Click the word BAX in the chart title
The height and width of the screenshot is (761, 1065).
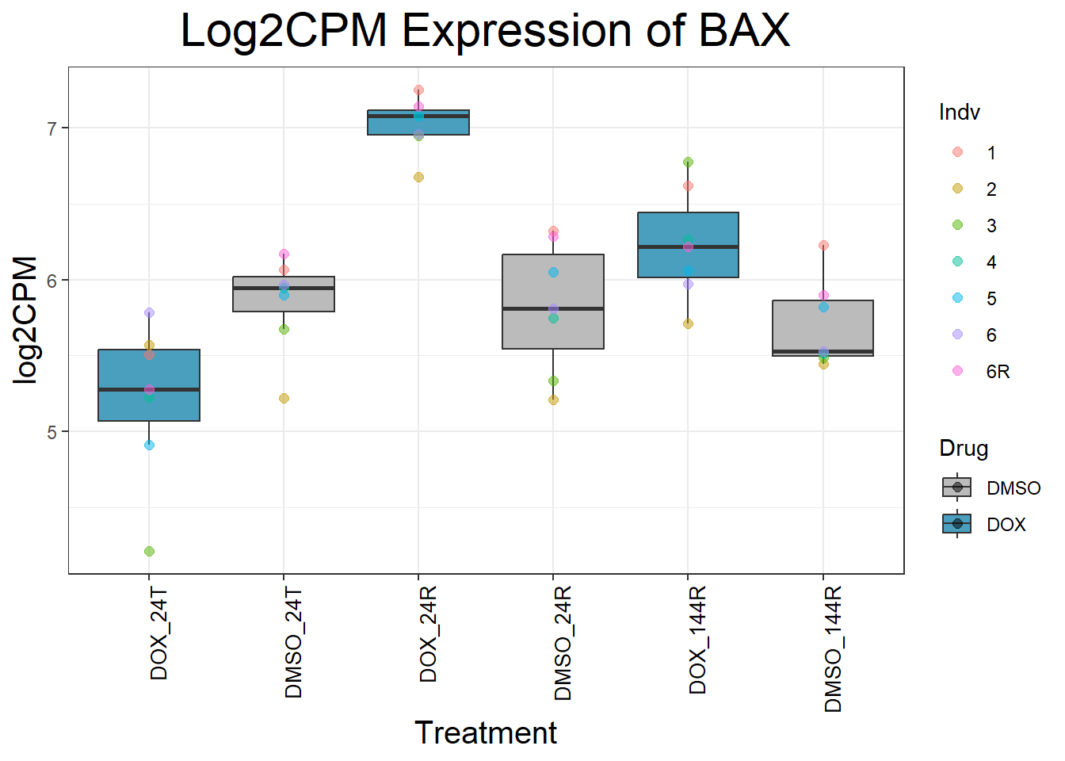744,32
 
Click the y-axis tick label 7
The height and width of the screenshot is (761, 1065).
52,128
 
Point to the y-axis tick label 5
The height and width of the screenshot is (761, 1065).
52,432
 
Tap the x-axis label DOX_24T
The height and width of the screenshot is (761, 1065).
159,633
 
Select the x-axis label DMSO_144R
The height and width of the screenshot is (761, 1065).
833,649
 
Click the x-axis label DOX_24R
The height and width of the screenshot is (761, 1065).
429,634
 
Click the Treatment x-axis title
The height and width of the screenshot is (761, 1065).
485,733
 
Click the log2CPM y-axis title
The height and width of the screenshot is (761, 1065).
26,320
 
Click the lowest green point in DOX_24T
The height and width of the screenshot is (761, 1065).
149,551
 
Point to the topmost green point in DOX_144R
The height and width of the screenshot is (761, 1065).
688,162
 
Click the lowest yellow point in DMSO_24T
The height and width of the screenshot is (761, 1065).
284,398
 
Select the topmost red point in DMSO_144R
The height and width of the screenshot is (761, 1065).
823,245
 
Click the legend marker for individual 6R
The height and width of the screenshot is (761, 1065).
957,371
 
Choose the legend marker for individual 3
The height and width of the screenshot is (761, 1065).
957,225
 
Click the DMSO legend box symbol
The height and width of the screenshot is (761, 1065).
957,488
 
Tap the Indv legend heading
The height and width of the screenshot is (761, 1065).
959,113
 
